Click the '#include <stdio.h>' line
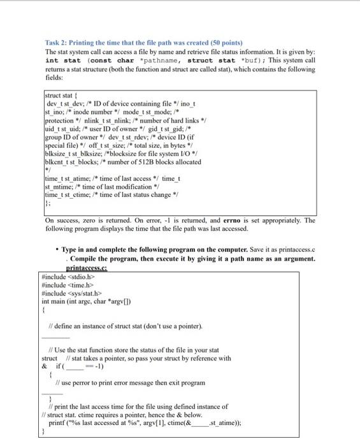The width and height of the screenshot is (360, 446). pos(67,277)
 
